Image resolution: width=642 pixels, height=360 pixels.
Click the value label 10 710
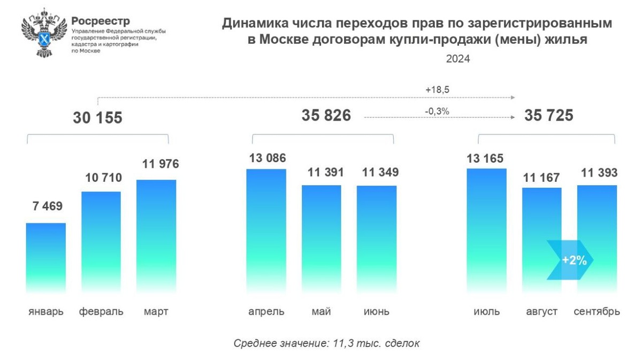point(101,178)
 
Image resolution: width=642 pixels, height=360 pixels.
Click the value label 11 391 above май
point(321,172)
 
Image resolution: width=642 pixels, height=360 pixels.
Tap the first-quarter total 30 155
point(97,118)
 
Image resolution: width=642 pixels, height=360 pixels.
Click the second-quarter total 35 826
point(326,116)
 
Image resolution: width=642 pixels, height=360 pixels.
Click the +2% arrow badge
point(570,261)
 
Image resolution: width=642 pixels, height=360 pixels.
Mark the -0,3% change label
point(437,111)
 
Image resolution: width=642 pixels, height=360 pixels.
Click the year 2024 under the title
point(458,59)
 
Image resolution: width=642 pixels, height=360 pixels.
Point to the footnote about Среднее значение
point(326,343)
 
